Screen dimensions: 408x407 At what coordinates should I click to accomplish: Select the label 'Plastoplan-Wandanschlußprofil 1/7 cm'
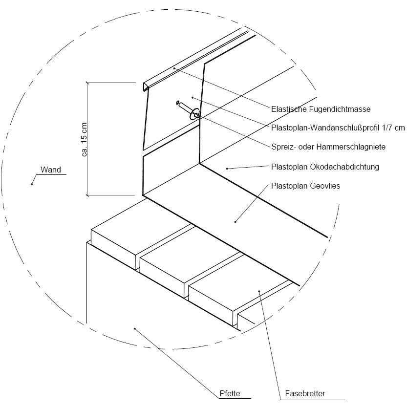[338, 128]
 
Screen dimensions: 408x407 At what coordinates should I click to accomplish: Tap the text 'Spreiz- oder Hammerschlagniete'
[328, 146]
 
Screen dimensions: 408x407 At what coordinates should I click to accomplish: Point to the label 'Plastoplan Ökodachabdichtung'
[325, 167]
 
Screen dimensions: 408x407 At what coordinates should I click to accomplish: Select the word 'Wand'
[51, 170]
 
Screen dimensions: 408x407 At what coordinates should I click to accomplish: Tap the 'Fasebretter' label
[304, 393]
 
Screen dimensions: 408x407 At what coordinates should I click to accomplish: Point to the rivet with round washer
[194, 115]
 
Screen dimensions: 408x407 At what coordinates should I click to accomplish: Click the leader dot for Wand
[32, 184]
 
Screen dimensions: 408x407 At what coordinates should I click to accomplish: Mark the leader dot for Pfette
[135, 329]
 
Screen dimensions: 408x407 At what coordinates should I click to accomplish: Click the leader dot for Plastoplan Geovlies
[235, 222]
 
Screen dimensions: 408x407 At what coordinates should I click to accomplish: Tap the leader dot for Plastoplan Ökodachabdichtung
[227, 169]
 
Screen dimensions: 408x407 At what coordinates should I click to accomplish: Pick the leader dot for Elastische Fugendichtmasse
[174, 68]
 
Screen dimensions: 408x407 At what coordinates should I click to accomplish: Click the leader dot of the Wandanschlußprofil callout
[193, 98]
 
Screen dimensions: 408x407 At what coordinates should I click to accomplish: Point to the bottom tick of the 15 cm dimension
[87, 195]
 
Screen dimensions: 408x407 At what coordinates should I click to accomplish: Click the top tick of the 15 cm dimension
[87, 83]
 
